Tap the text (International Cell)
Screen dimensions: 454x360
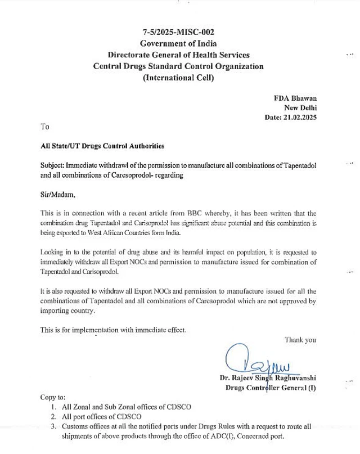178,78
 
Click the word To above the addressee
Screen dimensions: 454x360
46,127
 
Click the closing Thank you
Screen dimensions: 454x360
300,339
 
